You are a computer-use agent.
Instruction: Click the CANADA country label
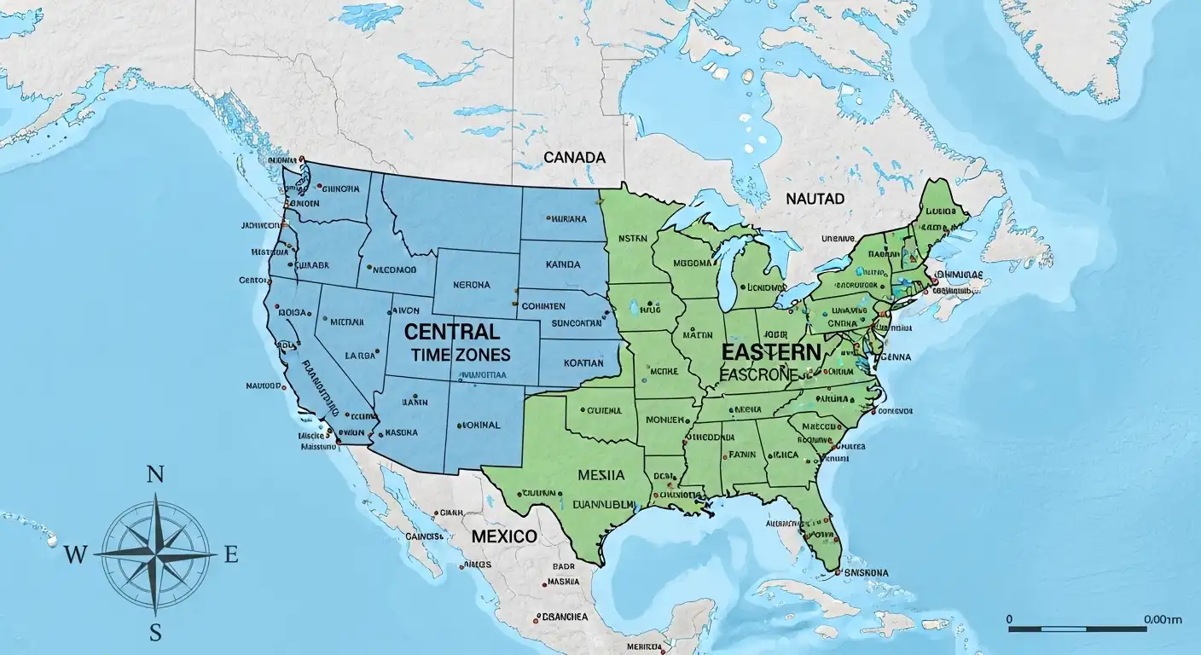[x=574, y=158]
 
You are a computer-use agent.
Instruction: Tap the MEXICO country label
[x=504, y=536]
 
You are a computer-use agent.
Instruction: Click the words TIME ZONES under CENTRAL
[x=460, y=354]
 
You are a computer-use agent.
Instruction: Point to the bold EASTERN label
[x=771, y=351]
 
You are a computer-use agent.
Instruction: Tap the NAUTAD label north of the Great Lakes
[x=815, y=199]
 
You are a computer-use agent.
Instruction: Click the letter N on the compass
[x=155, y=476]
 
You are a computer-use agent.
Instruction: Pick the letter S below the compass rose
[x=155, y=632]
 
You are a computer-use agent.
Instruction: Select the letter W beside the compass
[x=75, y=555]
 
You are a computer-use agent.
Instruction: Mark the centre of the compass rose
[x=155, y=554]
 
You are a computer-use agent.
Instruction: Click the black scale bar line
[x=1076, y=629]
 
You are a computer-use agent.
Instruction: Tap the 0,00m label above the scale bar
[x=1163, y=619]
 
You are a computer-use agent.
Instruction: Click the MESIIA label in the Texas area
[x=601, y=475]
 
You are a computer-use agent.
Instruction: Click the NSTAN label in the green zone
[x=633, y=240]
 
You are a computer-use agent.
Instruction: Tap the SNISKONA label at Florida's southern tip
[x=866, y=572]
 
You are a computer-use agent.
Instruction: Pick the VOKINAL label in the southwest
[x=478, y=424]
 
